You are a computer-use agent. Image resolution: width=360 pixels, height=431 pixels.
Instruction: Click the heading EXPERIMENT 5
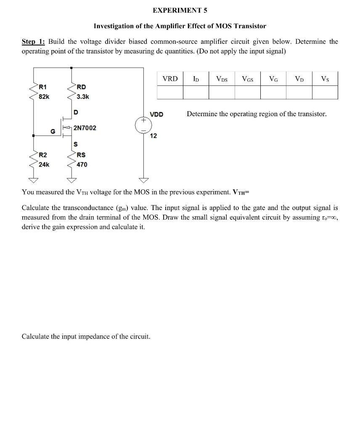click(180, 10)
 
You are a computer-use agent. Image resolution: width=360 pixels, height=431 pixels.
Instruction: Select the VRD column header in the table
click(170, 79)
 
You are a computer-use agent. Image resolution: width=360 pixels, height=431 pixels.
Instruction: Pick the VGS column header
click(247, 79)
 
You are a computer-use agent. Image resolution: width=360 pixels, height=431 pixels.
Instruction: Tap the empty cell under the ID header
click(196, 92)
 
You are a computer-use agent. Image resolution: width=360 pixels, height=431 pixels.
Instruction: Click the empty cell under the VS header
click(325, 92)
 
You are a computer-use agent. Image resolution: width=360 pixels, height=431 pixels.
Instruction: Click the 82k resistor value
click(44, 96)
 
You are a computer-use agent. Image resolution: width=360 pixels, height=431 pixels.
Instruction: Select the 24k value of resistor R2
click(44, 164)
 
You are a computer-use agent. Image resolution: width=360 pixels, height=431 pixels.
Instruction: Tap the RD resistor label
click(81, 87)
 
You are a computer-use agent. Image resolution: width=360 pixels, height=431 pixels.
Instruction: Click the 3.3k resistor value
click(82, 96)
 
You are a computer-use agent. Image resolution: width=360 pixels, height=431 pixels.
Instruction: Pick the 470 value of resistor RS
click(82, 164)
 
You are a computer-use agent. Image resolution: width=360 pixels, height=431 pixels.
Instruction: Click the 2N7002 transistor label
click(85, 128)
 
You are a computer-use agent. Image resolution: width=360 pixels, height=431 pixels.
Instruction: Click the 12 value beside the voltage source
click(154, 136)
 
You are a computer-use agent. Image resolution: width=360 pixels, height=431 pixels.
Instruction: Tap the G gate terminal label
click(53, 131)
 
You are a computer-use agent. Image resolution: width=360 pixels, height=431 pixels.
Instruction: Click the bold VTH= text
click(241, 192)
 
